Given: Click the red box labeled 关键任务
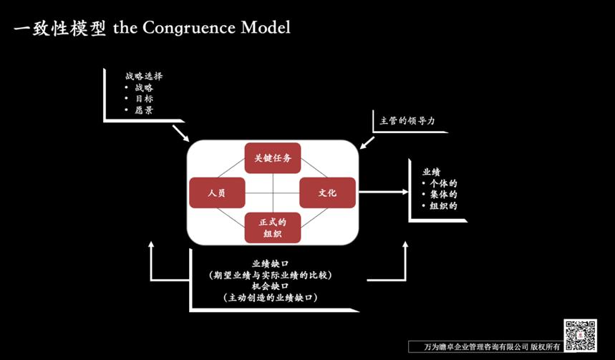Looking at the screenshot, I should click(272, 157).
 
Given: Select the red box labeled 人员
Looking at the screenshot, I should click(217, 193).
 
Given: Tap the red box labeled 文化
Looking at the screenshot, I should click(327, 193).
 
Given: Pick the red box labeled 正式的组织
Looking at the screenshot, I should click(272, 228).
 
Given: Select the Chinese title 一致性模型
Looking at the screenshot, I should click(59, 28).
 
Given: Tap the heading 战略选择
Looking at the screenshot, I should click(139, 75).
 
